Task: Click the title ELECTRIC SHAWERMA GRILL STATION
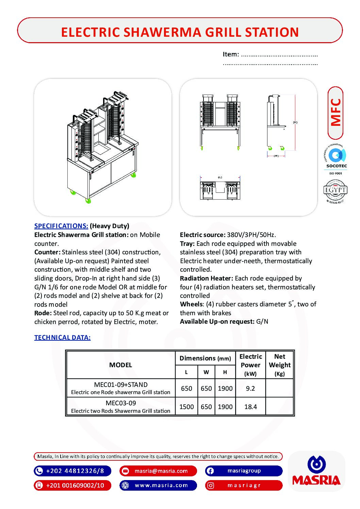180,32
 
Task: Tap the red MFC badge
336,113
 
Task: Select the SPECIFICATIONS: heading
61,226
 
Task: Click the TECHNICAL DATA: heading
62,337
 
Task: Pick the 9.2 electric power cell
250,388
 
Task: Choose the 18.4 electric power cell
250,407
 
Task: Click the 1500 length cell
186,407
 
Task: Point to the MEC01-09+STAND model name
121,385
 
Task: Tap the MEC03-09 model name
121,403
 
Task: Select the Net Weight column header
280,365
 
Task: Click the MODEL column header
120,365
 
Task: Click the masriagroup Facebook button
244,471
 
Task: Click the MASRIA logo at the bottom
316,471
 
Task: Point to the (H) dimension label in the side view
295,122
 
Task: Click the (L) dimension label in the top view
220,177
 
